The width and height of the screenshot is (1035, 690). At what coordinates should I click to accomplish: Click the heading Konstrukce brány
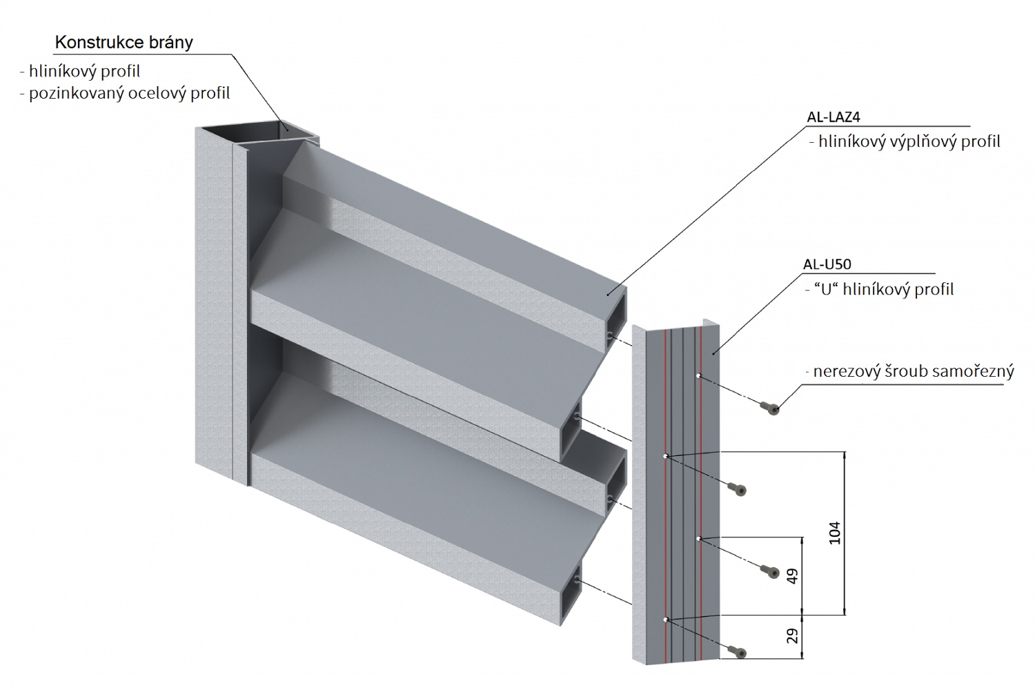[124, 42]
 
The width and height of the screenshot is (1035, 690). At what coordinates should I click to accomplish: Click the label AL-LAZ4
[833, 117]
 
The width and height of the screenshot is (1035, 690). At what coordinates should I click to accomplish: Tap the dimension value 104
[836, 532]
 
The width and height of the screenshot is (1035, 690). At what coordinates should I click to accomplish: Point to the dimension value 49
[792, 575]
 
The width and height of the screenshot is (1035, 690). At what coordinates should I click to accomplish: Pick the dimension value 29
[792, 635]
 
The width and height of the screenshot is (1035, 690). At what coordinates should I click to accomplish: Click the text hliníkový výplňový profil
[909, 142]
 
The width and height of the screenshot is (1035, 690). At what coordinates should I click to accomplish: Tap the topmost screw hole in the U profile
[699, 376]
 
